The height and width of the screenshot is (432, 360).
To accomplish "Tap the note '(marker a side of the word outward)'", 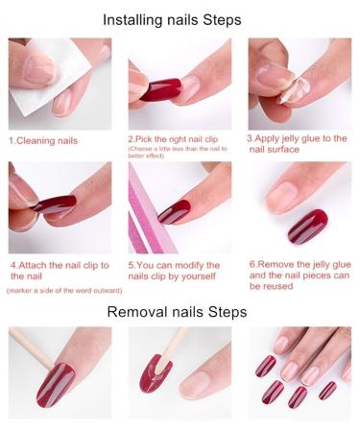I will (x=58, y=290).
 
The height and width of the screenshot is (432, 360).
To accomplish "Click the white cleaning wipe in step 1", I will (x=34, y=82).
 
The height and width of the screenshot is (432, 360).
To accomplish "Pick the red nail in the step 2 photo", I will (x=160, y=89).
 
